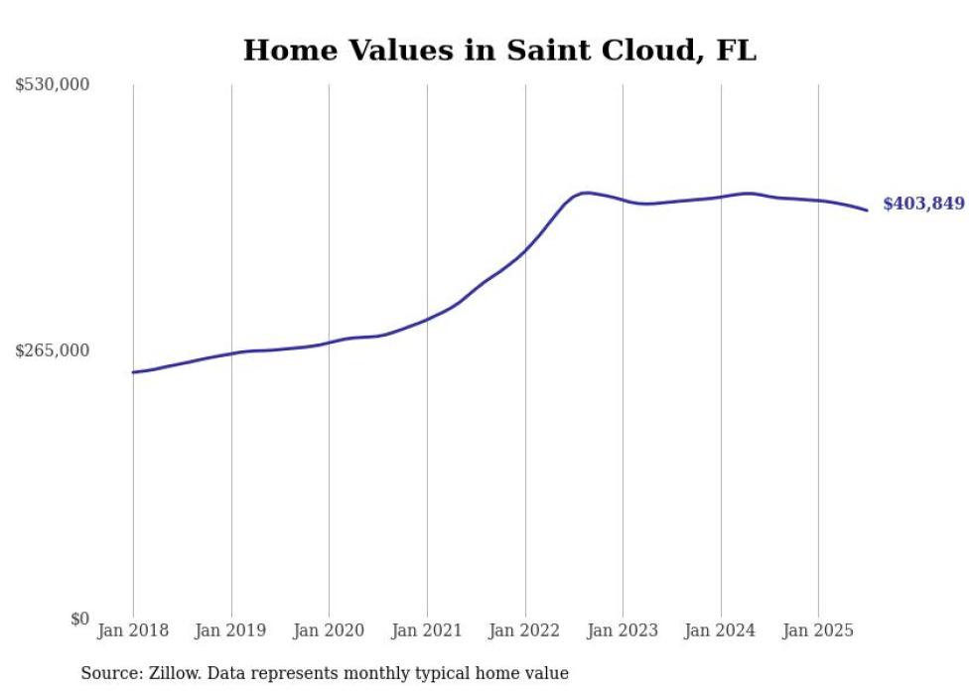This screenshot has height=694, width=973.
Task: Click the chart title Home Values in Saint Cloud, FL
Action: (499, 51)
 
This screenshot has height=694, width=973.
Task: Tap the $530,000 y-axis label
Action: (53, 85)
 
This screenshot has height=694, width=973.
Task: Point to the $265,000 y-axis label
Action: (53, 350)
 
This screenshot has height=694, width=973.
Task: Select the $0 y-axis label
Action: (79, 619)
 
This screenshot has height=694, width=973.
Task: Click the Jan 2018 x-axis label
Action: (133, 630)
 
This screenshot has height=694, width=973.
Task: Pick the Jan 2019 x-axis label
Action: (231, 630)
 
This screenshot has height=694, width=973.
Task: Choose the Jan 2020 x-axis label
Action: (329, 630)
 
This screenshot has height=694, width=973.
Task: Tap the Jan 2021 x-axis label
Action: (427, 630)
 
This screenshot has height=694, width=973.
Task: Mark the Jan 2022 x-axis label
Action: (525, 630)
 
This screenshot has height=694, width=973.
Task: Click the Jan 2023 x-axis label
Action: (623, 630)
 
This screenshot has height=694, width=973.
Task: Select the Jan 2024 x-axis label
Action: (721, 630)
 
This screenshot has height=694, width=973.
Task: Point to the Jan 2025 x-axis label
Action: (818, 630)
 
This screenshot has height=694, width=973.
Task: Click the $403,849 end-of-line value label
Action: (923, 204)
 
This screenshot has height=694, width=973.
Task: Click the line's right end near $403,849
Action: (867, 209)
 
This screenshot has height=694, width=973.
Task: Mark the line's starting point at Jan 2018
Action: (133, 372)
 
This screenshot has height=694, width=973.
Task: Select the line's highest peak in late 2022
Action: (587, 193)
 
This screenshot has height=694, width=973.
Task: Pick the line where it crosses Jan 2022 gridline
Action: (525, 250)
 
